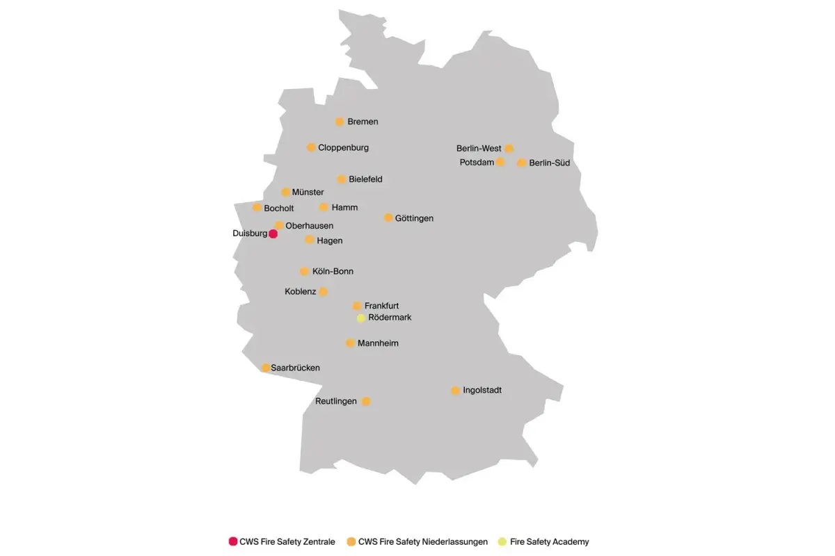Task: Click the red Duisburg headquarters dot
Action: pyautogui.click(x=273, y=234)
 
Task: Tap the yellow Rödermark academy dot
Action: pyautogui.click(x=361, y=318)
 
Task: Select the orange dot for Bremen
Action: pyautogui.click(x=340, y=122)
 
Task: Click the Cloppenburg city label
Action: pyautogui.click(x=343, y=147)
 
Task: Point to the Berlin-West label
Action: pyautogui.click(x=479, y=149)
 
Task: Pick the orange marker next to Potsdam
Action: pyautogui.click(x=500, y=162)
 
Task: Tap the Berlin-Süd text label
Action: pyautogui.click(x=549, y=163)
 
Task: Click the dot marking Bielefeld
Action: pyautogui.click(x=342, y=179)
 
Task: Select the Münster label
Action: pyautogui.click(x=308, y=193)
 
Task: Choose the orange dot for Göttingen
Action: pyautogui.click(x=388, y=218)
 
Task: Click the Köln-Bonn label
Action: pyautogui.click(x=333, y=272)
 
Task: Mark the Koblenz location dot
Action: pyautogui.click(x=323, y=292)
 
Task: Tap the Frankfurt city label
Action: pyautogui.click(x=381, y=306)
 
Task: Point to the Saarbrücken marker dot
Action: pyautogui.click(x=266, y=368)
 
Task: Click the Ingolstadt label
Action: pyautogui.click(x=482, y=391)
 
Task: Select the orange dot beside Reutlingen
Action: pyautogui.click(x=366, y=401)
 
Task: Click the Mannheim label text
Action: pyautogui.click(x=378, y=343)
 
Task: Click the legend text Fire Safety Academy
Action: pyautogui.click(x=549, y=541)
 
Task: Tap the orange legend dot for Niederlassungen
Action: pyautogui.click(x=351, y=541)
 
